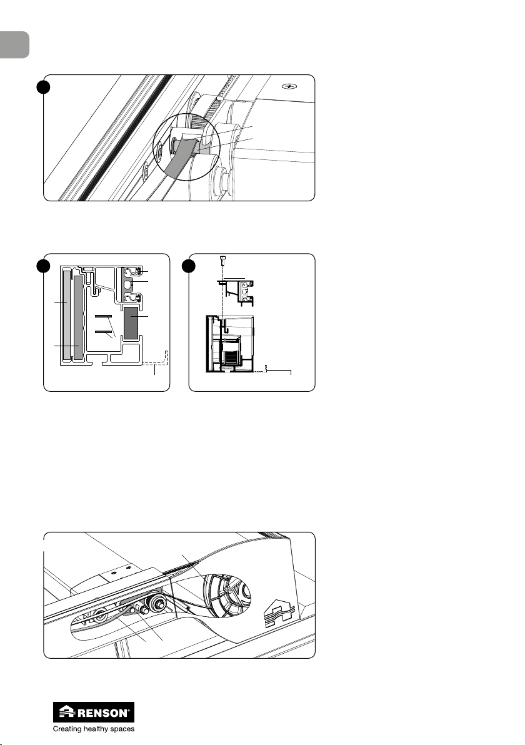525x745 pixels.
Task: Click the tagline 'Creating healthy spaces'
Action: coord(94,729)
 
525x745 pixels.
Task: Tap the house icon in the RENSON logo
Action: coord(67,712)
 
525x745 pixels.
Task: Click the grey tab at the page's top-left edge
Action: coord(14,44)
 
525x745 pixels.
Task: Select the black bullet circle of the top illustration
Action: coord(44,87)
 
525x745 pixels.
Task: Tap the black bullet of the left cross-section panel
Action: coord(44,266)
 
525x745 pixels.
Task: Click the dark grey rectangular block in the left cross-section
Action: coord(130,322)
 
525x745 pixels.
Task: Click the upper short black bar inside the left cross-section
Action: coord(103,316)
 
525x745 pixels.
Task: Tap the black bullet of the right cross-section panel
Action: coord(189,266)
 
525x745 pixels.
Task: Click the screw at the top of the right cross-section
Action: coord(222,261)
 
